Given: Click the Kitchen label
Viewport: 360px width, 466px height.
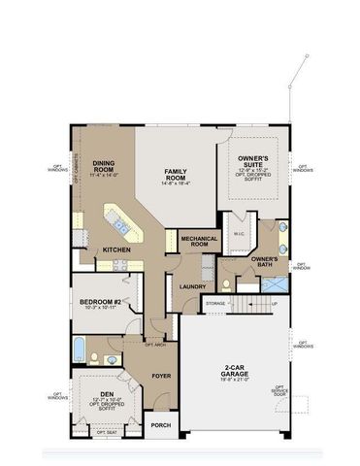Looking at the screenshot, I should tap(116, 250).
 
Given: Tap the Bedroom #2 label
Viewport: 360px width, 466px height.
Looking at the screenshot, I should tap(100, 303).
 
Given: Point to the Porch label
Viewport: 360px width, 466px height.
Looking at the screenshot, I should tap(160, 424).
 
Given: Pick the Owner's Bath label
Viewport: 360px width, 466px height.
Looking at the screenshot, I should tap(265, 261).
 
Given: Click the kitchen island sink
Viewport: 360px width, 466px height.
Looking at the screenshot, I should tap(120, 226).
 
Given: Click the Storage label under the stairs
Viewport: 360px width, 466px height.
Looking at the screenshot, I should tap(215, 304).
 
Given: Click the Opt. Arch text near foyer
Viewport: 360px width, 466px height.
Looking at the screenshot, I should tap(154, 344).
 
